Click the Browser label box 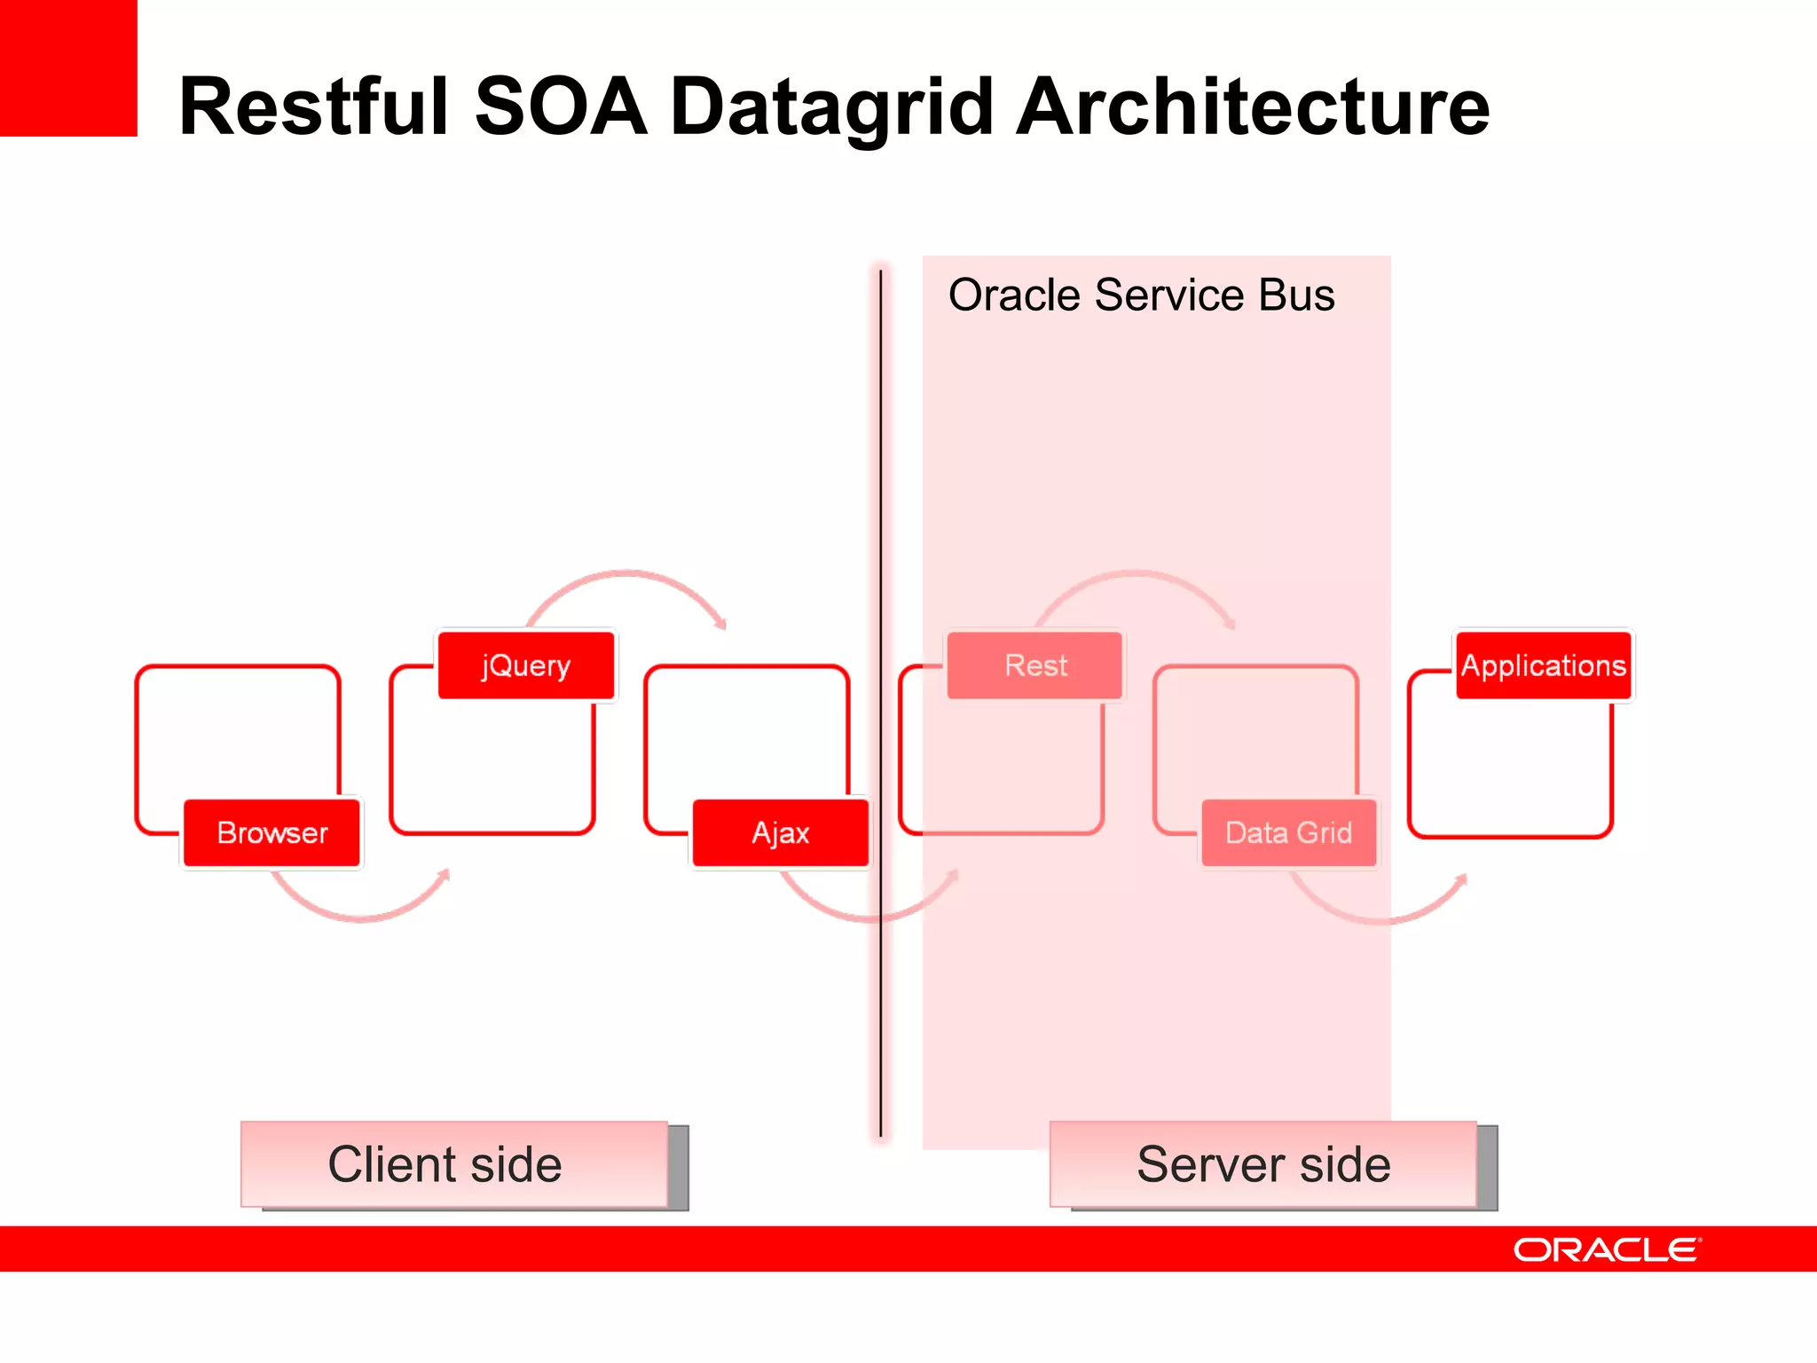pos(271,832)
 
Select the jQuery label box pos(526,666)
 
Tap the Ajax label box pos(781,832)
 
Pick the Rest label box pos(1035,666)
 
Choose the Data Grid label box pos(1288,832)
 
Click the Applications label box pos(1543,666)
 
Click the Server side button pos(1263,1164)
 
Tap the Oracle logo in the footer pos(1607,1249)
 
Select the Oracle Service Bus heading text pos(1141,295)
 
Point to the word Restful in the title pos(315,106)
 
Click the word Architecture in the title pos(1252,106)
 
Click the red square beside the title pos(68,67)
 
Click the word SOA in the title pos(561,106)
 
